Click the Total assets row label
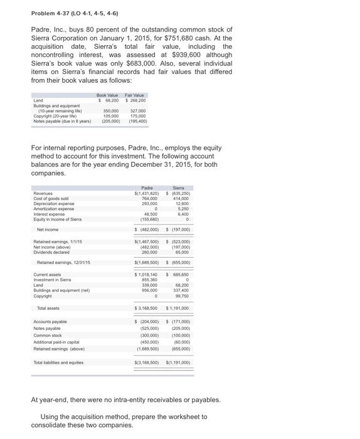[48, 308]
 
